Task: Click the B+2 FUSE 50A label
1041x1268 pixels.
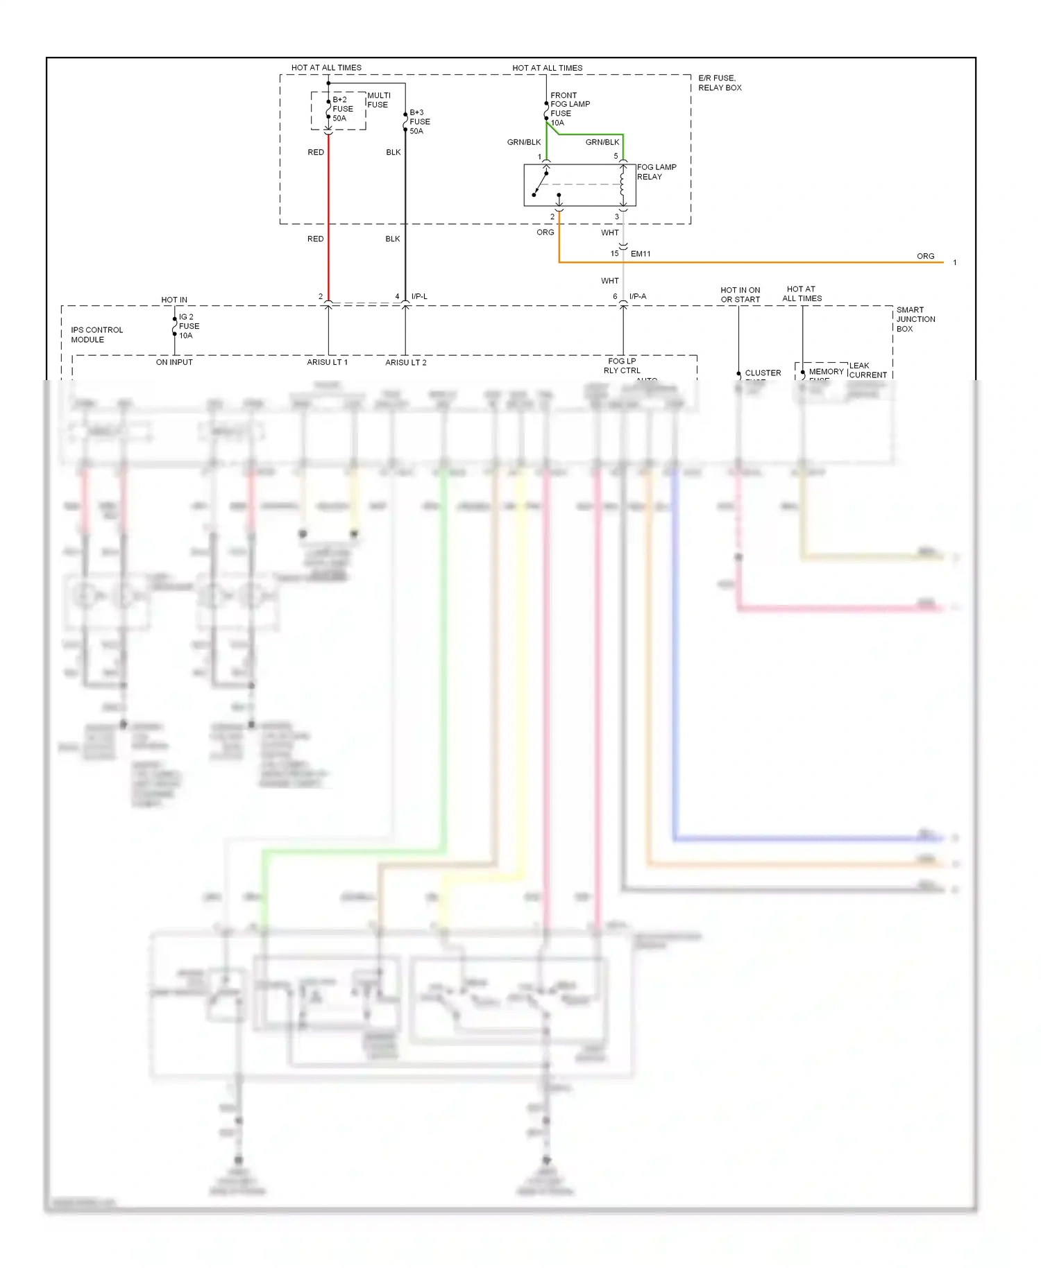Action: (342, 109)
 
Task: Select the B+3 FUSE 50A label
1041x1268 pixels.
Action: (419, 121)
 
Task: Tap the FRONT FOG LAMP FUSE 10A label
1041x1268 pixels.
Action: (569, 109)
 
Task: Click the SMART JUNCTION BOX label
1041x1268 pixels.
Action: (915, 319)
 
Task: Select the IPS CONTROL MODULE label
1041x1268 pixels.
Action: (96, 334)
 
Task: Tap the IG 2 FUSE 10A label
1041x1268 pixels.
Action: (188, 326)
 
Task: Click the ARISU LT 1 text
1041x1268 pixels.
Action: (327, 362)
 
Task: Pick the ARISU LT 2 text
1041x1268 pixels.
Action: (406, 362)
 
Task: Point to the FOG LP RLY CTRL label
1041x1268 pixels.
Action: (621, 366)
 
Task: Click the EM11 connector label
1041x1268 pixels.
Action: (640, 254)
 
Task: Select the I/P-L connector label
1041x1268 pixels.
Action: (419, 296)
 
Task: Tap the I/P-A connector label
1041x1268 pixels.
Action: (637, 296)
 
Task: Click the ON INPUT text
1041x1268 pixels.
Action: (174, 362)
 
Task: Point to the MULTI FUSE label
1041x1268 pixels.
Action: (378, 100)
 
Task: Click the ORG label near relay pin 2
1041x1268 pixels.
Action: (545, 232)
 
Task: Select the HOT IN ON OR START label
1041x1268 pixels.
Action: (740, 295)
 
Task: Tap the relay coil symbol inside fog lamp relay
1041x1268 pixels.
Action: (622, 185)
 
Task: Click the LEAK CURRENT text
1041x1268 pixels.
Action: (867, 370)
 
